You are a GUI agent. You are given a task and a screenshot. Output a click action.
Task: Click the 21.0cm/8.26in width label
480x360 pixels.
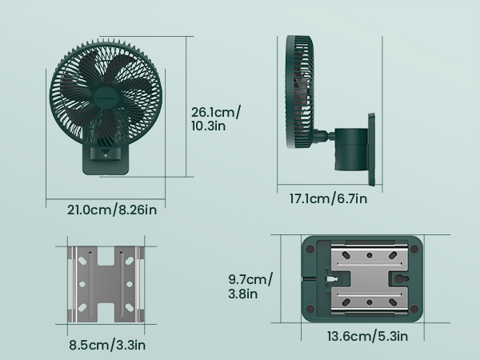click(111, 210)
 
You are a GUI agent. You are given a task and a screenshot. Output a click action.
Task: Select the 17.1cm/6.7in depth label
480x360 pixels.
click(328, 198)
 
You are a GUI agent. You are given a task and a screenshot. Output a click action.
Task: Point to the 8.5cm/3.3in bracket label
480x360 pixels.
click(106, 346)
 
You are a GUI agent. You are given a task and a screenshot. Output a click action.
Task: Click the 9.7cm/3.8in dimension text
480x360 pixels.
click(250, 286)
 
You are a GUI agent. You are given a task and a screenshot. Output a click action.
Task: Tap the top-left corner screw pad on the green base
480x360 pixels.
click(309, 249)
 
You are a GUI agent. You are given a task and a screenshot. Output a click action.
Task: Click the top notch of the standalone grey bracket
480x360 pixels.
click(106, 255)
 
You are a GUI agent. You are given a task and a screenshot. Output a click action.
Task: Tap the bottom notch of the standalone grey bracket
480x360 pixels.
click(106, 314)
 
